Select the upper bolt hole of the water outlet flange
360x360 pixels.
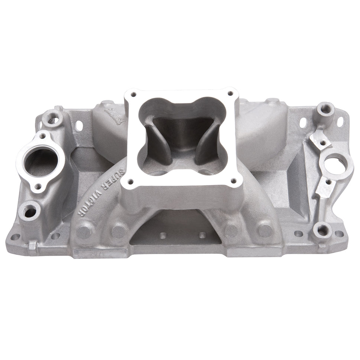tap(43, 136)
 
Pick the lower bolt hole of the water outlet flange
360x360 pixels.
tap(38, 187)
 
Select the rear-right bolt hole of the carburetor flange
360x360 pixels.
tap(230, 93)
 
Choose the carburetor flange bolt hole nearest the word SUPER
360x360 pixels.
tap(130, 182)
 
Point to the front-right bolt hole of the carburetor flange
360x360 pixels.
tap(233, 181)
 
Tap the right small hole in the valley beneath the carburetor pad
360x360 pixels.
tap(202, 235)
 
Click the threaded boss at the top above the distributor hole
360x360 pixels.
tap(325, 109)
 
